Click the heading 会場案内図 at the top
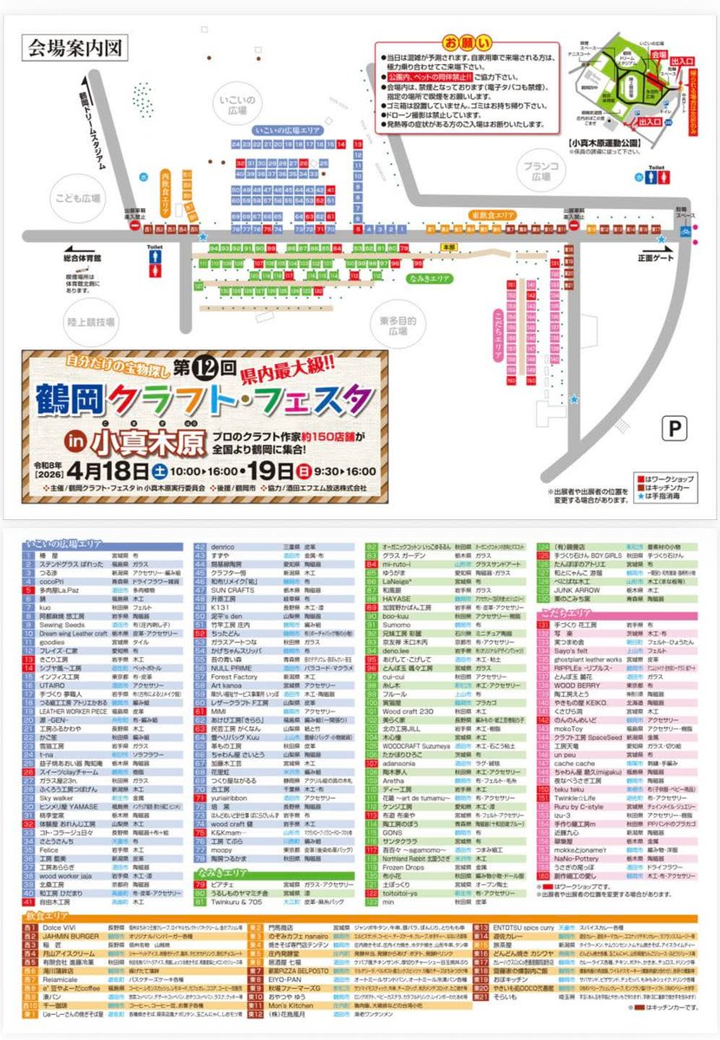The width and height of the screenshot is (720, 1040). point(77,46)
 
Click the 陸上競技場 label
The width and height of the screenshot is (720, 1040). point(93,322)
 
